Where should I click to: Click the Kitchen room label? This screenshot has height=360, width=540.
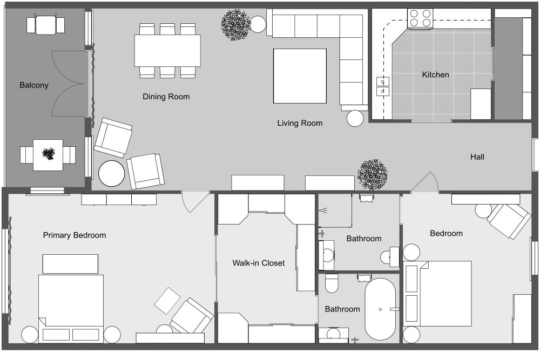pyautogui.click(x=435, y=74)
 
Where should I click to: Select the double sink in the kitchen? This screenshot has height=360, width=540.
pyautogui.click(x=383, y=87)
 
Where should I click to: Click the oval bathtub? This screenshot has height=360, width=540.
pyautogui.click(x=381, y=309)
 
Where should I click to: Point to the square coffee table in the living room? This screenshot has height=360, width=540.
pyautogui.click(x=300, y=76)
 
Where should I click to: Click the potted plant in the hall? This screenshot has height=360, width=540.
pyautogui.click(x=373, y=174)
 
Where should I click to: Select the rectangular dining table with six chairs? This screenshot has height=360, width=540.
pyautogui.click(x=167, y=50)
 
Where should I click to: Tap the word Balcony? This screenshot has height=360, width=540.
pyautogui.click(x=34, y=85)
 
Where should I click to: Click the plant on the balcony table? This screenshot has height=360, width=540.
pyautogui.click(x=49, y=154)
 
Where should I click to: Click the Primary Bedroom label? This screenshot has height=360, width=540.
pyautogui.click(x=75, y=235)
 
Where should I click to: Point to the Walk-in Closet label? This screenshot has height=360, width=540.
pyautogui.click(x=258, y=263)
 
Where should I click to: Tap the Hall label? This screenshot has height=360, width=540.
pyautogui.click(x=477, y=157)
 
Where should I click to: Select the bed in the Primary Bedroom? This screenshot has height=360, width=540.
pyautogui.click(x=71, y=305)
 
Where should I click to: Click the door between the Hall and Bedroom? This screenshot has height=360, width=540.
pyautogui.click(x=426, y=184)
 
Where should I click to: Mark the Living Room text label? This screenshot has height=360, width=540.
pyautogui.click(x=300, y=123)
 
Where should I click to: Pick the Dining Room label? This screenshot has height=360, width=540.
pyautogui.click(x=166, y=97)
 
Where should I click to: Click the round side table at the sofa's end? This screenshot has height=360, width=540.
pyautogui.click(x=355, y=118)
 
